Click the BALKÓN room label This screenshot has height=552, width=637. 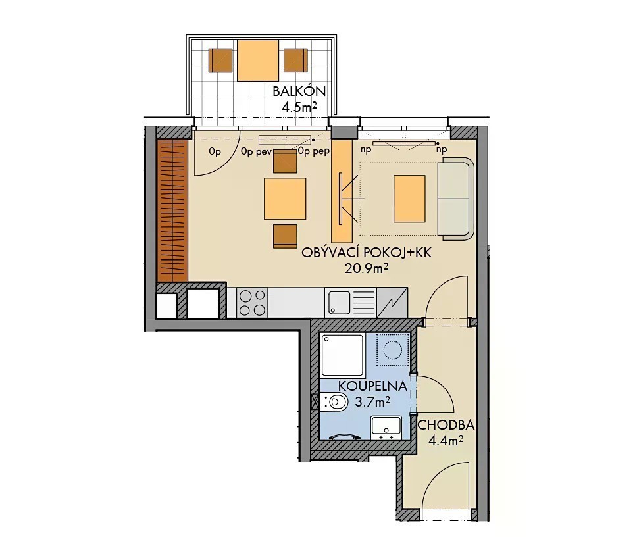[x=299, y=91]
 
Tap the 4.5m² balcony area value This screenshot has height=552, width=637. [x=299, y=107]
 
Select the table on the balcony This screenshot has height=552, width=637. [x=258, y=61]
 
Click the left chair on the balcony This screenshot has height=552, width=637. [x=220, y=61]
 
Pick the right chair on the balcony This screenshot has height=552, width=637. [x=295, y=61]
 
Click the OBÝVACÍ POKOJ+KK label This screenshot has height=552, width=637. [x=367, y=253]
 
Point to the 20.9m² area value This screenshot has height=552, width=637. [x=367, y=268]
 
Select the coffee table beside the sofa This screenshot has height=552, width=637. [x=409, y=199]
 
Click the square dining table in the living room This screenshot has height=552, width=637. [x=285, y=199]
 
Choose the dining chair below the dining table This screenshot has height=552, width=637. [x=285, y=236]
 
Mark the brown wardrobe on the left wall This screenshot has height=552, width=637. [x=172, y=211]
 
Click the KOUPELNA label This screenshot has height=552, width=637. [x=372, y=386]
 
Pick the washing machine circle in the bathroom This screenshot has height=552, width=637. [x=392, y=349]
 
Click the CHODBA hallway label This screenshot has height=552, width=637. [x=446, y=425]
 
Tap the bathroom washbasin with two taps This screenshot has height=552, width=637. [x=386, y=428]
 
